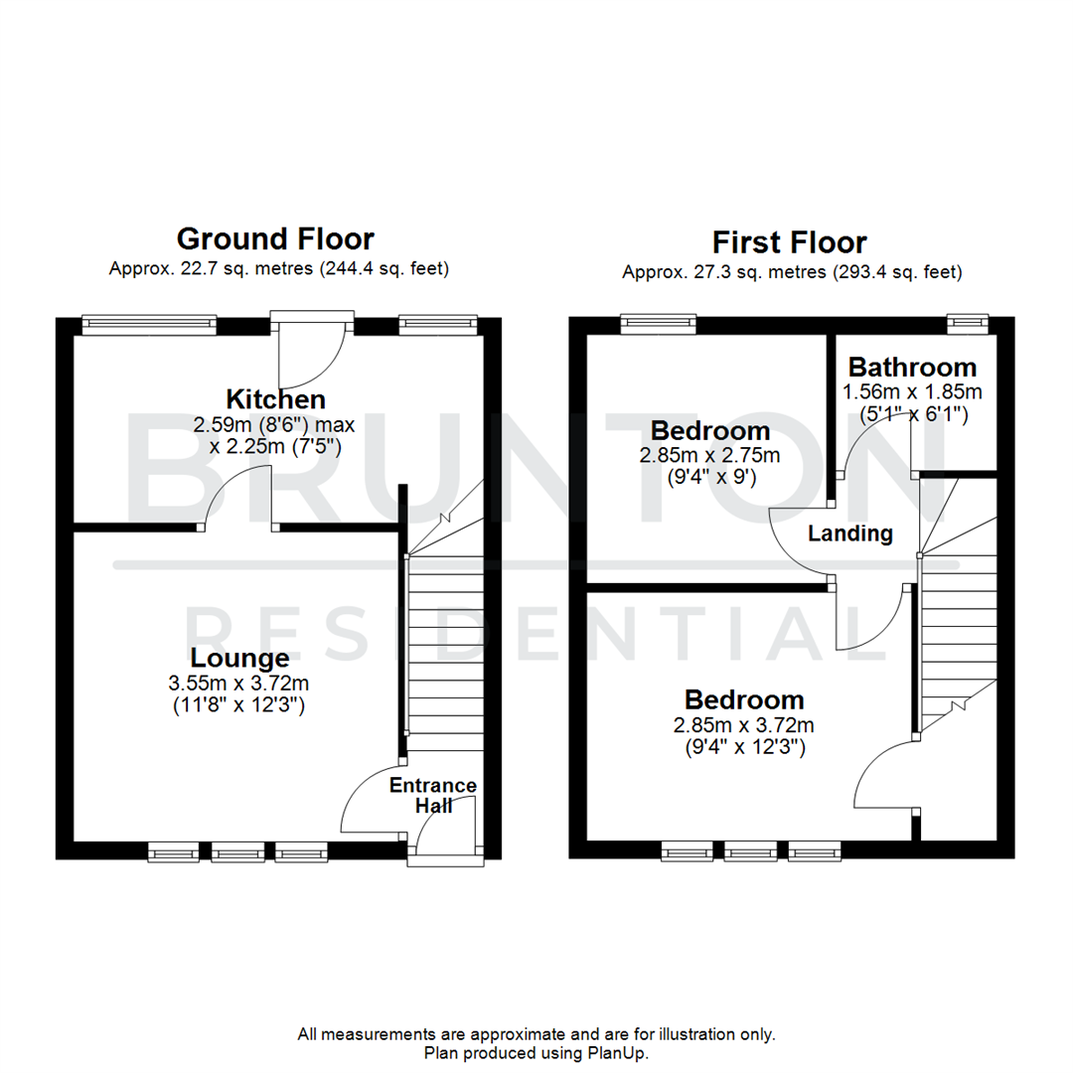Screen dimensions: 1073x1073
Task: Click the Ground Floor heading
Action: click(x=275, y=239)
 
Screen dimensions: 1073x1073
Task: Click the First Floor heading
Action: click(x=790, y=242)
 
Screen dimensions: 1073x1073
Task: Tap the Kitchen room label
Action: click(x=276, y=399)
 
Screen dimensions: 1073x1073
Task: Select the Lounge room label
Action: click(x=240, y=658)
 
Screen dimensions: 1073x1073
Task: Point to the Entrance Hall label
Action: click(x=432, y=795)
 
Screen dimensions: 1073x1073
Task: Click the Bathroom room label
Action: click(x=912, y=367)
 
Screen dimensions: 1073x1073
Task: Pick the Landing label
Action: click(x=849, y=534)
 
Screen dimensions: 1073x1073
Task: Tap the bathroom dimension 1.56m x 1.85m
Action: click(x=912, y=391)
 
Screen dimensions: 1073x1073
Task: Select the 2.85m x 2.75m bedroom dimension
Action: click(x=709, y=456)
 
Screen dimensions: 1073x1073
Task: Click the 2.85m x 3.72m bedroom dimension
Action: click(x=744, y=723)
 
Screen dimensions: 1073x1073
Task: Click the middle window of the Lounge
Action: click(x=237, y=851)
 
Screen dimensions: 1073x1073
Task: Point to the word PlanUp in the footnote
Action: click(x=622, y=1052)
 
